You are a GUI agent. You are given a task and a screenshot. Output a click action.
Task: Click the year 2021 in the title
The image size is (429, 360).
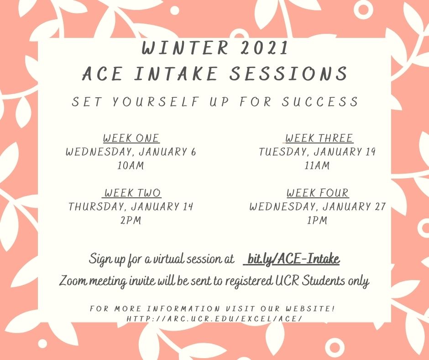coord(265,48)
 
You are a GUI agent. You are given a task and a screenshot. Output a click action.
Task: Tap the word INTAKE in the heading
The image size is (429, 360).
coord(176,74)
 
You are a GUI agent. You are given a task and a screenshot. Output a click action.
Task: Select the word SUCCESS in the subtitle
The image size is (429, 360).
coord(320,101)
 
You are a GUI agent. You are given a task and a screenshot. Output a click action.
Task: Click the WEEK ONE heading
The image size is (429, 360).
coord(131,138)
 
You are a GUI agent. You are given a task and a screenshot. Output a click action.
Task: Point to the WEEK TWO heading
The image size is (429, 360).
coord(132,193)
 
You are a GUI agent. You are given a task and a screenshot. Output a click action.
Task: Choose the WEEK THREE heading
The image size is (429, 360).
coord(319,138)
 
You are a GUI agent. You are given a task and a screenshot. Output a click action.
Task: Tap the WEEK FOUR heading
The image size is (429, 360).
coord(318,193)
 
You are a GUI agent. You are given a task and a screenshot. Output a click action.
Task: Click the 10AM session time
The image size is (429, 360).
coord(131,165)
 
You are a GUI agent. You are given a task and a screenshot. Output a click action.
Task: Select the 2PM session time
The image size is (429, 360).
coord(131,220)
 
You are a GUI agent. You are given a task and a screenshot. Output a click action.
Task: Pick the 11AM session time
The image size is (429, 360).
coord(317,165)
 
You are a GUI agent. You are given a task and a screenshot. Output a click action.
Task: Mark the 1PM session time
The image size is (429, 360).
coord(317,220)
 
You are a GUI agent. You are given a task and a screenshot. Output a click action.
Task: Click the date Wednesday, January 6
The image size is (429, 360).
coord(131,152)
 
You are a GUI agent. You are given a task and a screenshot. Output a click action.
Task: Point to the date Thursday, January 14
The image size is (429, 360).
coord(131,206)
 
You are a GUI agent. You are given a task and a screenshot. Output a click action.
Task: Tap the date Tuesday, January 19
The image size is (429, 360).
coord(317,152)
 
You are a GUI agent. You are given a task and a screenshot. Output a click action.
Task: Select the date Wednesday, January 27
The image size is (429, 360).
coord(317,206)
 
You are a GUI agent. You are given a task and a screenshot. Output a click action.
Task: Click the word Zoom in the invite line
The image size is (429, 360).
coord(73,281)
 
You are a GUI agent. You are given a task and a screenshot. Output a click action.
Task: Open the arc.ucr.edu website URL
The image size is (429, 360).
coord(214,319)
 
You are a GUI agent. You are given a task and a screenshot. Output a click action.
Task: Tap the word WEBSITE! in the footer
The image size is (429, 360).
coord(310,308)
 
